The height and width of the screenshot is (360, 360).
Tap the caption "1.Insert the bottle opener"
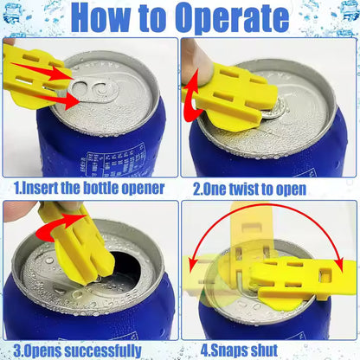[89, 186]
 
